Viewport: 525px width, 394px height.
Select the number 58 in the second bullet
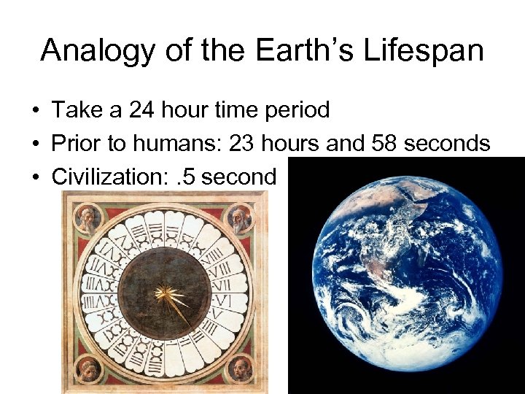coord(386,144)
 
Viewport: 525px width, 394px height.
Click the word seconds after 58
coord(448,144)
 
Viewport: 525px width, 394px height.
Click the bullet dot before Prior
coord(35,144)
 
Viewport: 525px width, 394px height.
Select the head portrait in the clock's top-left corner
coord(86,217)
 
